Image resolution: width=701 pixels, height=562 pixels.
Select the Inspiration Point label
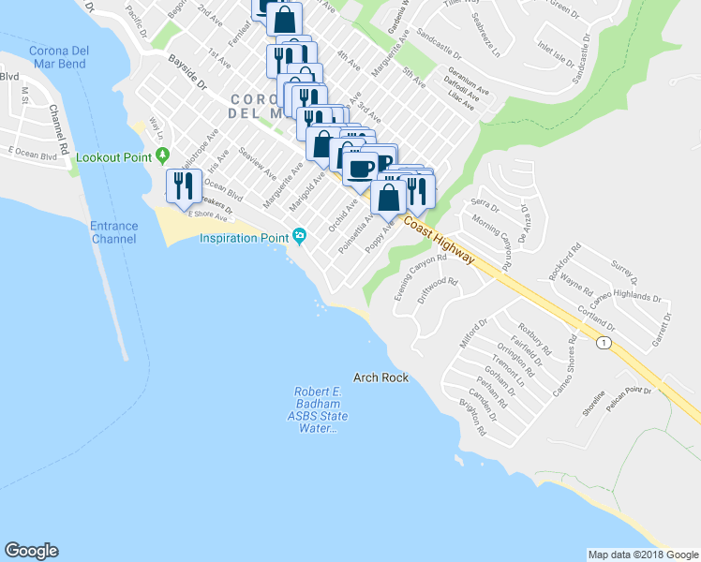pyautogui.click(x=243, y=238)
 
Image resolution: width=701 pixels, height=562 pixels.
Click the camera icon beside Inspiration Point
pyautogui.click(x=299, y=235)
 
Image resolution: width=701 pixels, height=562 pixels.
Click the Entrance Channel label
pyautogui.click(x=113, y=232)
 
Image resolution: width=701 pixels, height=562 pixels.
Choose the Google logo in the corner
pyautogui.click(x=31, y=551)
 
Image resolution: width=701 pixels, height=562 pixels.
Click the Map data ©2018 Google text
pyautogui.click(x=642, y=555)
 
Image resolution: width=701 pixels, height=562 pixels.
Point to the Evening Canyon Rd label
pyautogui.click(x=420, y=276)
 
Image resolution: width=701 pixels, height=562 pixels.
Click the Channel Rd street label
pyautogui.click(x=59, y=128)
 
